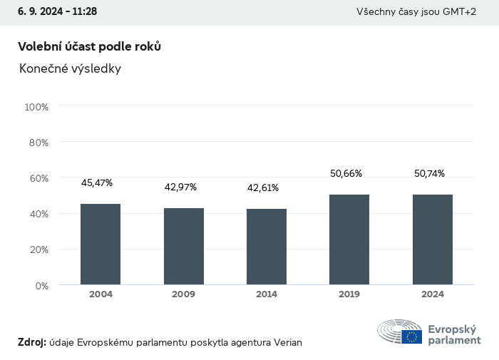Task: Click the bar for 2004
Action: pyautogui.click(x=101, y=245)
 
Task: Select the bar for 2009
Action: pyautogui.click(x=184, y=247)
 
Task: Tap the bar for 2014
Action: pyautogui.click(x=267, y=247)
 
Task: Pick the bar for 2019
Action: pyautogui.click(x=349, y=240)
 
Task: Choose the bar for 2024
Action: pyautogui.click(x=433, y=240)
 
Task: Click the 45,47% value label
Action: pyautogui.click(x=97, y=183)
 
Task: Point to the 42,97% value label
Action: pyautogui.click(x=180, y=187)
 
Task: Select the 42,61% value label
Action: pyautogui.click(x=263, y=188)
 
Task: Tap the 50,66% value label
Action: pyautogui.click(x=346, y=173)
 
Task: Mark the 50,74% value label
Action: pyautogui.click(x=430, y=173)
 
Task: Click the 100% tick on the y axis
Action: pyautogui.click(x=36, y=107)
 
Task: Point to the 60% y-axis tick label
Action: pyautogui.click(x=38, y=178)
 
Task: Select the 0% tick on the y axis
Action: pyautogui.click(x=41, y=285)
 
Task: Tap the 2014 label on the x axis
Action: pyautogui.click(x=267, y=294)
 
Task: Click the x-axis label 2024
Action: pyautogui.click(x=433, y=294)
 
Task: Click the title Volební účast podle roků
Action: pyautogui.click(x=89, y=46)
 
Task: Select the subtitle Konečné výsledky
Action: pyautogui.click(x=70, y=69)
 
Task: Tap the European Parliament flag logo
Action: pyautogui.click(x=411, y=336)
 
